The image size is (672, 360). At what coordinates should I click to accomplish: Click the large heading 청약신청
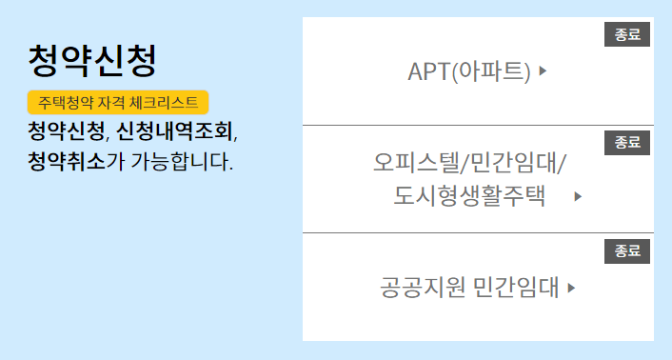91,60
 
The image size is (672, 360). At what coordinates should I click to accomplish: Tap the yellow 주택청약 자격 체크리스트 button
118,102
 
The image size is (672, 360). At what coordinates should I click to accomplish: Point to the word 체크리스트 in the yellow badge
170,102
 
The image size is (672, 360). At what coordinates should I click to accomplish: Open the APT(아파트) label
468,70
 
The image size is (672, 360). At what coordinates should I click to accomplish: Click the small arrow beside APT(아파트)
543,70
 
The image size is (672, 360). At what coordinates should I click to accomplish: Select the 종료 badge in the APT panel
627,35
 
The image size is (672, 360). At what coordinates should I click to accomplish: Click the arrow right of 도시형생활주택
578,197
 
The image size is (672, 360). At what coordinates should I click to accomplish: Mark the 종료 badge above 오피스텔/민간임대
627,143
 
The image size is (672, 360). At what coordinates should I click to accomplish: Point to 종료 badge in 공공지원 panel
627,251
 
